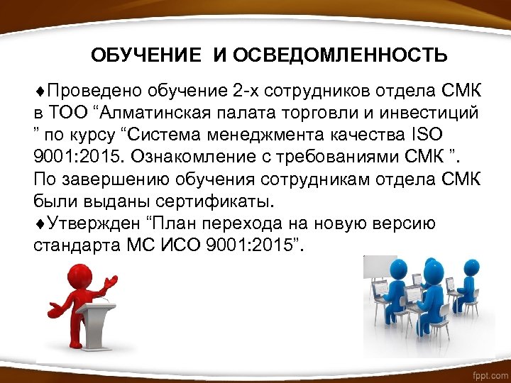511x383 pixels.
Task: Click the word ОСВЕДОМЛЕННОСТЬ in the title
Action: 341,55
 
